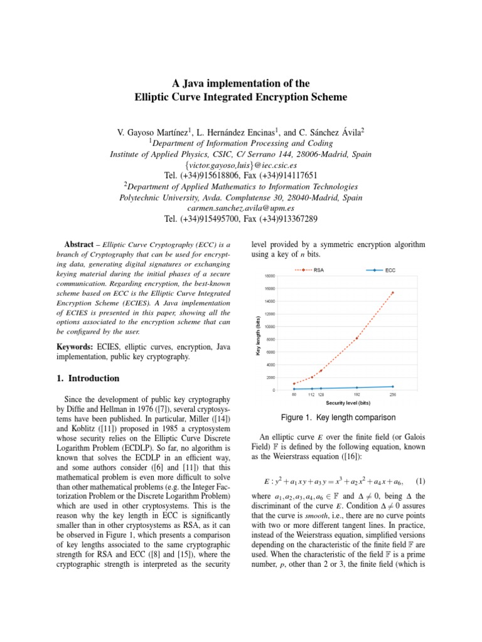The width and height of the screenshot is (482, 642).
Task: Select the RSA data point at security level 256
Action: [x=393, y=292]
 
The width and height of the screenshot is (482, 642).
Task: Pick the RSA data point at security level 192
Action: [x=356, y=339]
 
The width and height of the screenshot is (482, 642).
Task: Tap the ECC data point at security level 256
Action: [x=393, y=387]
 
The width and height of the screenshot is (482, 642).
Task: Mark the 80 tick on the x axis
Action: [x=294, y=394]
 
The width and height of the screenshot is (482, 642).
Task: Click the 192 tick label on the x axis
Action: [x=356, y=394]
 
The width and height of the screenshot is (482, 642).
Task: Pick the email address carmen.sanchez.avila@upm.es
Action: [x=240, y=208]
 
